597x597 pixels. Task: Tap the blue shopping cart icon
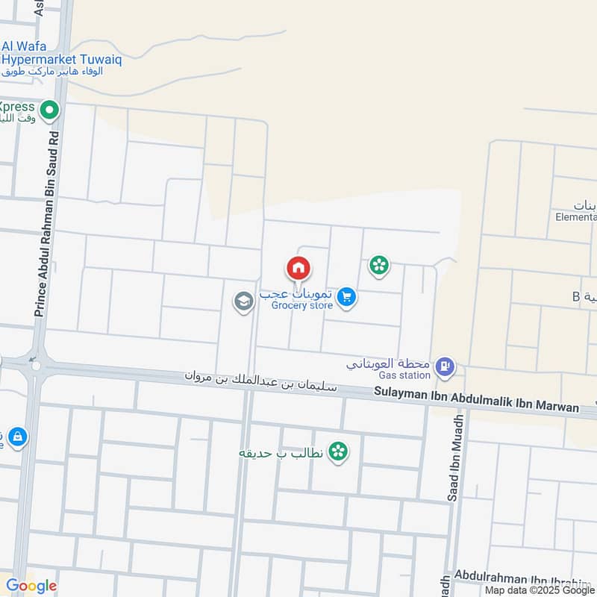(x=346, y=298)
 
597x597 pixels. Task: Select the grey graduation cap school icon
(x=243, y=302)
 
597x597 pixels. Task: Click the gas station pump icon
(x=445, y=366)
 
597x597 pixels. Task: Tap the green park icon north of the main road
(x=379, y=265)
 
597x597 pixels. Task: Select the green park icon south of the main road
(x=338, y=451)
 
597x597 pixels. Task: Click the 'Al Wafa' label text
(x=24, y=46)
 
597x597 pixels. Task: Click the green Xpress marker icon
(x=50, y=112)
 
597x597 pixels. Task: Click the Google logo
(x=31, y=586)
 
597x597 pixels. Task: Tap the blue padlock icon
(x=17, y=436)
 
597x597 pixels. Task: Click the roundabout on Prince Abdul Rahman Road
(x=34, y=366)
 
